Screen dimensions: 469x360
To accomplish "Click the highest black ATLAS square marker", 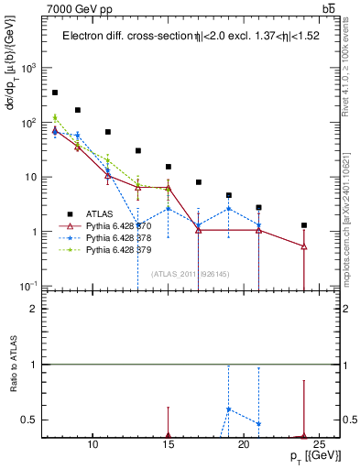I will [55, 93].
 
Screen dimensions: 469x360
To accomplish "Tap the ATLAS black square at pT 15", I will [169, 167].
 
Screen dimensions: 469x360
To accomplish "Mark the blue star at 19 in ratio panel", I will [229, 409].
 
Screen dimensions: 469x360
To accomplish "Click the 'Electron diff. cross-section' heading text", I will [123, 37].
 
